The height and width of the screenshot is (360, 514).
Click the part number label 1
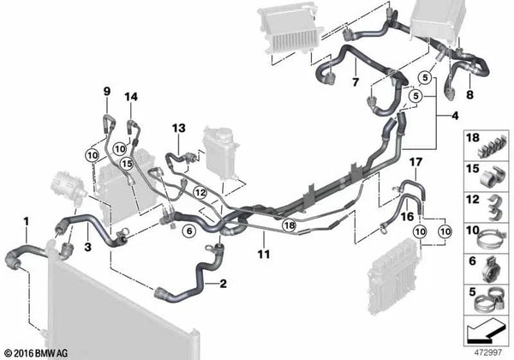coord(27,222)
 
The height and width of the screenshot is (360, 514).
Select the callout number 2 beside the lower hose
coord(224,283)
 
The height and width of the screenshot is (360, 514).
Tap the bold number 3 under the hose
coord(87,247)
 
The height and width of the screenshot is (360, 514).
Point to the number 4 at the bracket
coord(455,116)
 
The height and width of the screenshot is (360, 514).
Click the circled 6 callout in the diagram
coord(189,231)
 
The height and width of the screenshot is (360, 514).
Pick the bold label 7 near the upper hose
coord(356,81)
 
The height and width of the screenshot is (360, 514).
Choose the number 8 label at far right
coord(469,95)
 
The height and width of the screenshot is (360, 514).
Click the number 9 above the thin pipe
coord(107,92)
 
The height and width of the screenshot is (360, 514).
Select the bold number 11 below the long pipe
coord(264,254)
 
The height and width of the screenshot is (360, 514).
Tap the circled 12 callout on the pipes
coord(200,193)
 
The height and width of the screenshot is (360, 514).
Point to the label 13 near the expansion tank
coord(179,128)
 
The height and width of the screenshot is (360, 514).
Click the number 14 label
coord(131,97)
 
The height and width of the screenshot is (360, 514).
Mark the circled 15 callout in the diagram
coord(127,163)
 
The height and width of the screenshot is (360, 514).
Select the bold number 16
coord(407,216)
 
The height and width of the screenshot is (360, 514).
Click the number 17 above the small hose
coord(416,162)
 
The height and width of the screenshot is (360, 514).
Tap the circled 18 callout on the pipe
coord(290,225)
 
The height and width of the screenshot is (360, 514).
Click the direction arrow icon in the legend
coord(486,332)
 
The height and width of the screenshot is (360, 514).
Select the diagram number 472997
coord(488,352)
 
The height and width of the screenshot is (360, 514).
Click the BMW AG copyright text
coord(36,353)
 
